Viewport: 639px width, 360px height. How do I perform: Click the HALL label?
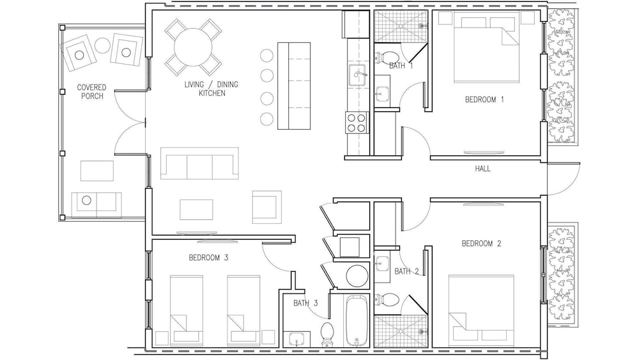pos(482,168)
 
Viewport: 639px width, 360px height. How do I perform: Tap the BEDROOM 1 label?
pos(484,100)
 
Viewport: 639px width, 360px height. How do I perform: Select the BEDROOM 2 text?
pos(481,244)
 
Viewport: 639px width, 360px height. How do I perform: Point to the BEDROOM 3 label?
pos(208,258)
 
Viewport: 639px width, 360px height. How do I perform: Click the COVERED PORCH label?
pos(91,91)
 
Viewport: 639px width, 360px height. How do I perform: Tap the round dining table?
pos(193,47)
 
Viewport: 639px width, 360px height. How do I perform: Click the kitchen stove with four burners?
pos(356,123)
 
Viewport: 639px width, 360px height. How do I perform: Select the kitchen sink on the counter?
pos(358,75)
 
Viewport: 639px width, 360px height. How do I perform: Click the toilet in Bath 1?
pos(386,58)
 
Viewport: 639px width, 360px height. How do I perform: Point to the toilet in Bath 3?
pos(327,334)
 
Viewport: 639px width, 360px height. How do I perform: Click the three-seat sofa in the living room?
pos(199,163)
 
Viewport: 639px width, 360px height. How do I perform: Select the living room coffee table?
pos(196,210)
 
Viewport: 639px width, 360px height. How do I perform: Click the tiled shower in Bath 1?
pos(401,26)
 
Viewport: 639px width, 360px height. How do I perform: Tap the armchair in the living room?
pos(267,207)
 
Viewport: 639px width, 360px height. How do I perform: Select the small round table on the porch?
pos(103,45)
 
